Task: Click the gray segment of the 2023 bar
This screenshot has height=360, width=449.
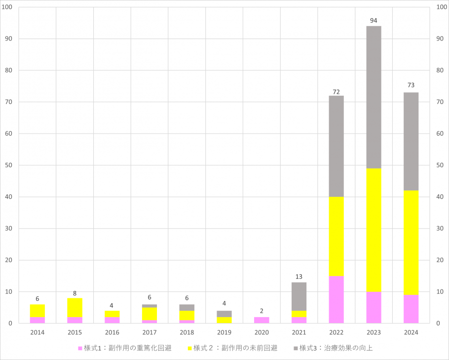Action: click(x=374, y=97)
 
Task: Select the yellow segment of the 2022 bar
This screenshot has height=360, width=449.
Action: click(x=336, y=236)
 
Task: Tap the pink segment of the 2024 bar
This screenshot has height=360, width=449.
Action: click(x=411, y=309)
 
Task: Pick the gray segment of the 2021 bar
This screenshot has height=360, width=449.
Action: click(x=299, y=296)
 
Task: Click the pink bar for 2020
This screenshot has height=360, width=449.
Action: click(x=262, y=320)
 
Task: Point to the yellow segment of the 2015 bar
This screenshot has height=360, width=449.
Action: click(x=75, y=307)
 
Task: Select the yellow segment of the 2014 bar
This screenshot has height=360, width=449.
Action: click(x=37, y=311)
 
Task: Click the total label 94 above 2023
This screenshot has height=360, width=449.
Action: click(x=374, y=21)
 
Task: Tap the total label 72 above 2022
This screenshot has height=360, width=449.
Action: click(x=336, y=92)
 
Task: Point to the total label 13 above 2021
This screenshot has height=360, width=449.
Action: click(x=299, y=277)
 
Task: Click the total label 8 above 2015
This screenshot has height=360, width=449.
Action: click(x=75, y=293)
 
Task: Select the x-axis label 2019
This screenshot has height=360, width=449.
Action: click(x=224, y=332)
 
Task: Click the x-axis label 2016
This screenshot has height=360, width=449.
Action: click(x=112, y=332)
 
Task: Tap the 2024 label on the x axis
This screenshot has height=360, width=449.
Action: click(x=411, y=332)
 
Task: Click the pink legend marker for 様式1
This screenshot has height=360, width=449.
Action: click(x=80, y=349)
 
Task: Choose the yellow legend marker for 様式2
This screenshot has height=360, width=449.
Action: click(x=189, y=349)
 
